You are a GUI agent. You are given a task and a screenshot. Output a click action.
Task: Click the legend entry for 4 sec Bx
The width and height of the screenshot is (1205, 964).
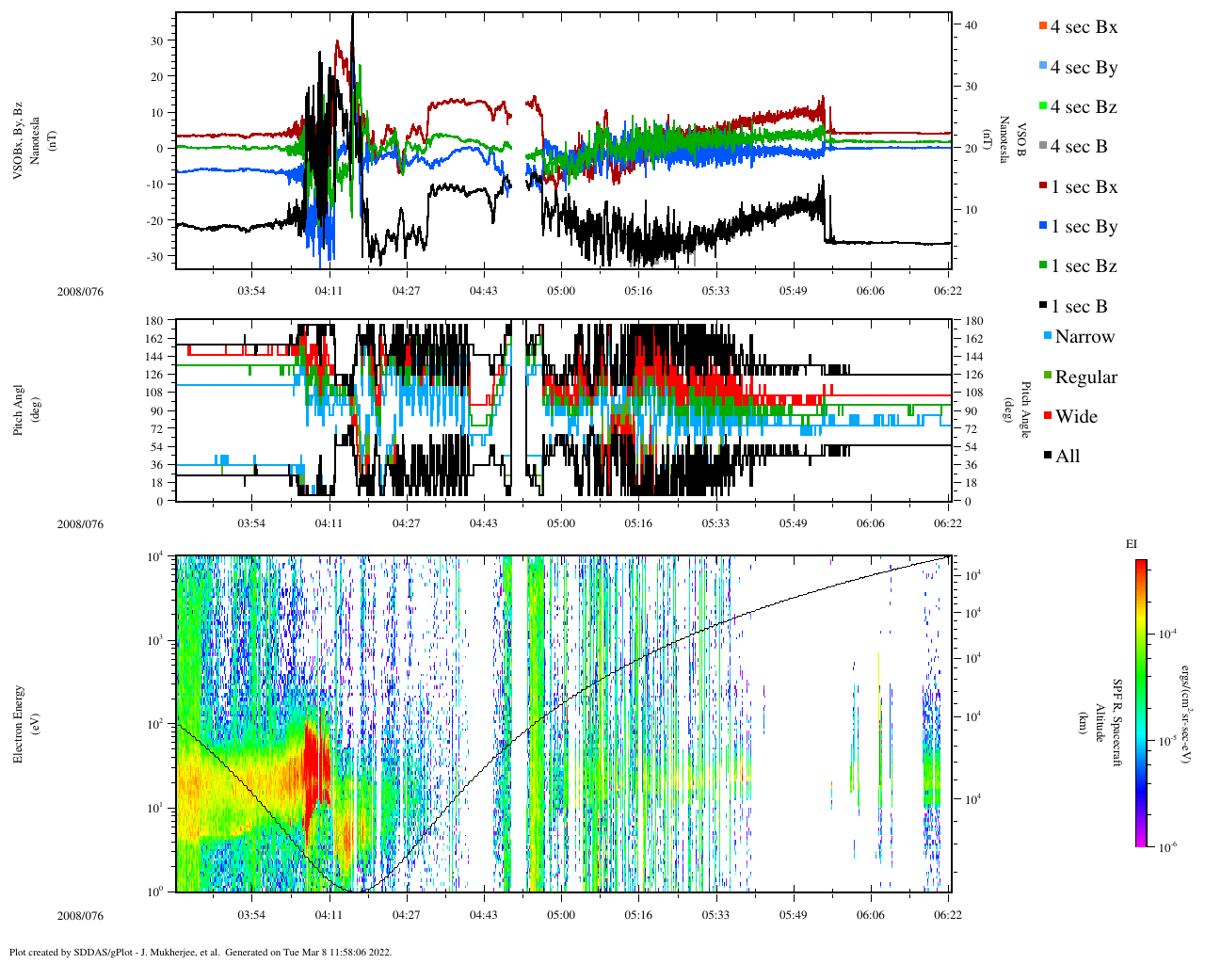pyautogui.click(x=1083, y=27)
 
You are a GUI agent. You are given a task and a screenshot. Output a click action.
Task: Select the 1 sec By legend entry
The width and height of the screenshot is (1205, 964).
pyautogui.click(x=1083, y=227)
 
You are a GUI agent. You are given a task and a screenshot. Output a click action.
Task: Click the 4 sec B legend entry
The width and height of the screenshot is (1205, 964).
pyautogui.click(x=1078, y=147)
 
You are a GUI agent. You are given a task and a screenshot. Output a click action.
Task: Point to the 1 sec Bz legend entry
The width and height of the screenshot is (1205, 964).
pyautogui.click(x=1083, y=266)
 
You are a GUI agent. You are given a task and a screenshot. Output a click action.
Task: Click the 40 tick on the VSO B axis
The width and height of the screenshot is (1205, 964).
pyautogui.click(x=972, y=25)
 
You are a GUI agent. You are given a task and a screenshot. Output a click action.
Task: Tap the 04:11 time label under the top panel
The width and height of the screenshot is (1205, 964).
pyautogui.click(x=329, y=291)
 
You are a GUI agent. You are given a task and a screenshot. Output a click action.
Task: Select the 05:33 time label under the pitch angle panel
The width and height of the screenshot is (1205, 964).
pyautogui.click(x=715, y=523)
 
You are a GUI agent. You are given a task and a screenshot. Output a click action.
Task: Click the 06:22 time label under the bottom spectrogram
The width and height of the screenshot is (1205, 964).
pyautogui.click(x=948, y=915)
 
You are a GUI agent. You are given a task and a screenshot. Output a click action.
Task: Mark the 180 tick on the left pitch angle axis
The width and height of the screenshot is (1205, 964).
pyautogui.click(x=154, y=321)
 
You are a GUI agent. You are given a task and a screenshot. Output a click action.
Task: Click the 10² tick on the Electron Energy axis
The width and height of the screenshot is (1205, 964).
pyautogui.click(x=155, y=724)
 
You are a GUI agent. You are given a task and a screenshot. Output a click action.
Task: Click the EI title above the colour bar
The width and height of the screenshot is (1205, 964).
pyautogui.click(x=1131, y=544)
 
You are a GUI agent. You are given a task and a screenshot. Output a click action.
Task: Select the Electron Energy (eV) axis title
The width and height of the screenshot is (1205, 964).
pyautogui.click(x=24, y=723)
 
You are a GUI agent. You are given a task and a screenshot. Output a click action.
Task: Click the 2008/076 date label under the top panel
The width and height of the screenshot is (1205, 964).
pyautogui.click(x=80, y=292)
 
